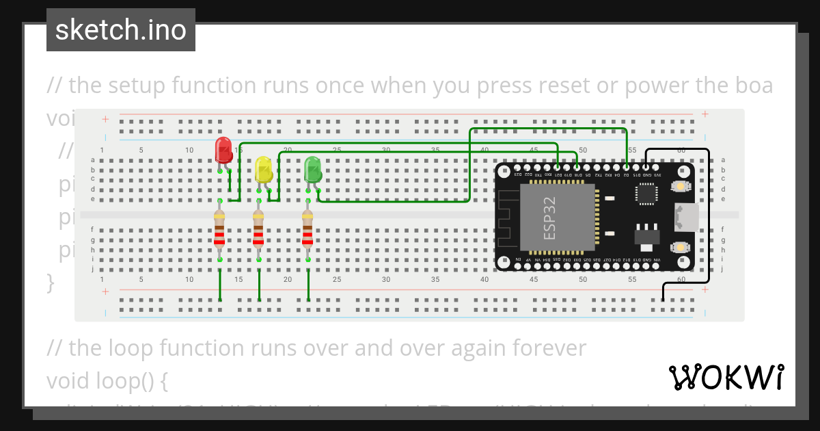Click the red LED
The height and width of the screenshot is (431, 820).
[223, 150]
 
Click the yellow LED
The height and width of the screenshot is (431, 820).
[263, 169]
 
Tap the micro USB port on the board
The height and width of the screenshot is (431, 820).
[686, 218]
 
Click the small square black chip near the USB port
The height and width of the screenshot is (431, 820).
[646, 194]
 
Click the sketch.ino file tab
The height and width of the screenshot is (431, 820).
[121, 30]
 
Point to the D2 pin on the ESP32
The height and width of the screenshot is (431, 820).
[627, 167]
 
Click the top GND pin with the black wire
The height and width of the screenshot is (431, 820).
[646, 167]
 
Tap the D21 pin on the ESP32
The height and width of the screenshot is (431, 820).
[558, 167]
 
